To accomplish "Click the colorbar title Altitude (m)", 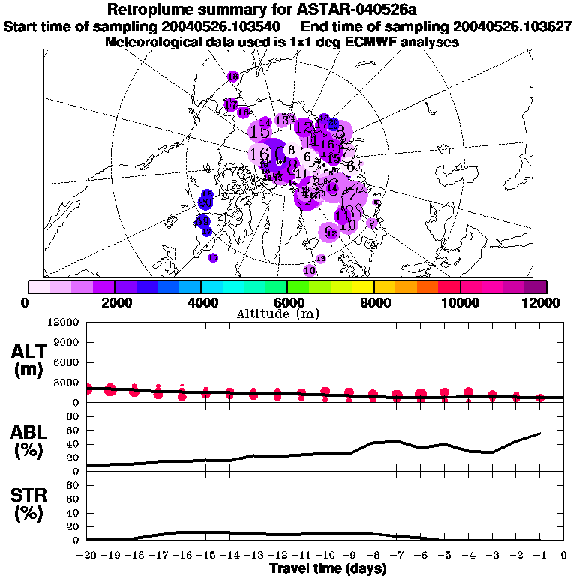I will (x=288, y=314).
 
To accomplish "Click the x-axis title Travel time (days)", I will (x=328, y=569).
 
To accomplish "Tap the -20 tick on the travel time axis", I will (x=87, y=556).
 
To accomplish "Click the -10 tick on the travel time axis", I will (x=325, y=556).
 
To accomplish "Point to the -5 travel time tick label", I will (x=444, y=556).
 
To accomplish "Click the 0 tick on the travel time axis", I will (x=563, y=556).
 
